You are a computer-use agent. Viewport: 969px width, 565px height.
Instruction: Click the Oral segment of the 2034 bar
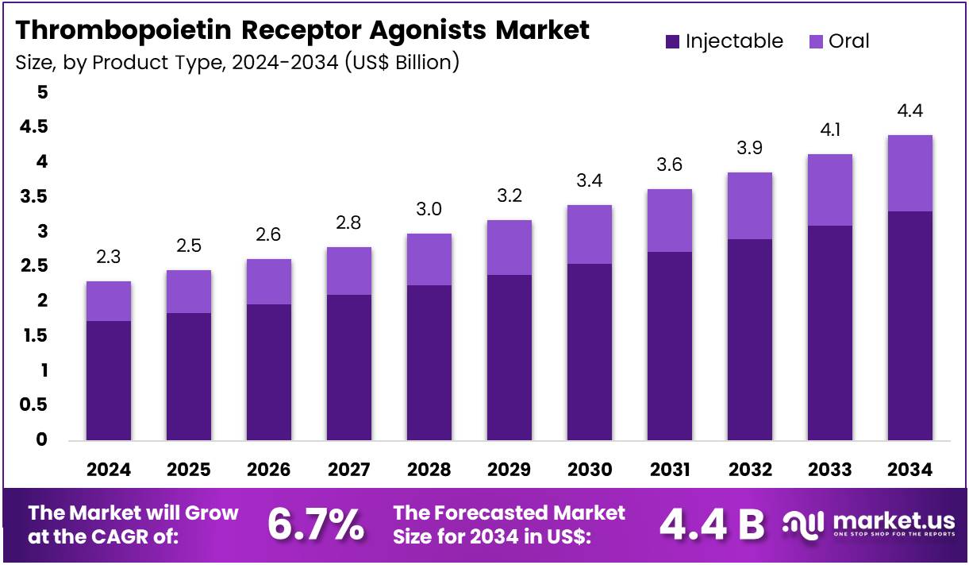pyautogui.click(x=909, y=173)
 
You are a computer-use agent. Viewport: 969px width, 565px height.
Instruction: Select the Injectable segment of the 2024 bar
pyautogui.click(x=109, y=381)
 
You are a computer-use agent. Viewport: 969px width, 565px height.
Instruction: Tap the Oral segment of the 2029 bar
pyautogui.click(x=509, y=247)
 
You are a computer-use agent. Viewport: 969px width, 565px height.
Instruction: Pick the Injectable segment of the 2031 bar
pyautogui.click(x=670, y=346)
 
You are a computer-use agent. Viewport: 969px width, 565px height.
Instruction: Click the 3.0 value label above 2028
pyautogui.click(x=429, y=209)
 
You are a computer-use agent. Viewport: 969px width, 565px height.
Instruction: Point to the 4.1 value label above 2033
pyautogui.click(x=830, y=130)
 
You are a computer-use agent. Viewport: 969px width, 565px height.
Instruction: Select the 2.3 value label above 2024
pyautogui.click(x=108, y=257)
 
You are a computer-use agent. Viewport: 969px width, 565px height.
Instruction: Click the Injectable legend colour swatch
pyautogui.click(x=672, y=42)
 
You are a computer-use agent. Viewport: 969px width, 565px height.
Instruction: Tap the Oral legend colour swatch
pyautogui.click(x=815, y=41)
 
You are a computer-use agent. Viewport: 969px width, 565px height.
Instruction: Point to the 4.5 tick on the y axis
pyautogui.click(x=34, y=127)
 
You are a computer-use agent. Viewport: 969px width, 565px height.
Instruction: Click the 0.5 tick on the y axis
pyautogui.click(x=33, y=404)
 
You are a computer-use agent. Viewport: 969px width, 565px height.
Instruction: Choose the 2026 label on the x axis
pyautogui.click(x=269, y=470)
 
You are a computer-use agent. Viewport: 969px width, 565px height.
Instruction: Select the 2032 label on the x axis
pyautogui.click(x=750, y=470)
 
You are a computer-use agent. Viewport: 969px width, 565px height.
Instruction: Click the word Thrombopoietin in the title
pyautogui.click(x=123, y=31)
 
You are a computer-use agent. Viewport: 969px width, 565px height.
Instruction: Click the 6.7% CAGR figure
pyautogui.click(x=315, y=524)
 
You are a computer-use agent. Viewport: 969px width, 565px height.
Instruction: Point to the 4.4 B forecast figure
pyautogui.click(x=712, y=525)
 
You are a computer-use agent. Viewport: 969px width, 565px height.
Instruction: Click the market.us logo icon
pyautogui.click(x=803, y=524)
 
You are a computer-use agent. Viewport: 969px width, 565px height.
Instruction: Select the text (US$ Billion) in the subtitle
pyautogui.click(x=402, y=63)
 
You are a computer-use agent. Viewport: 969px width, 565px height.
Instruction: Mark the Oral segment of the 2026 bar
pyautogui.click(x=269, y=281)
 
